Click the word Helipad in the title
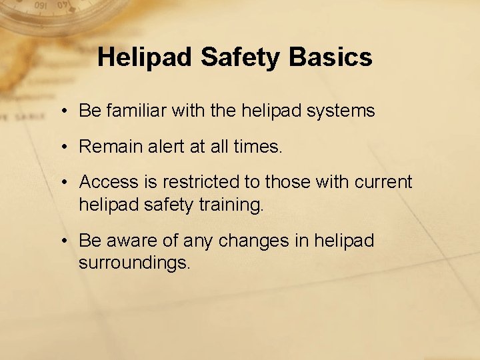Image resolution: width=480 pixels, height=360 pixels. [139, 57]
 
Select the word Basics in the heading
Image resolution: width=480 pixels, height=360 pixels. [331, 57]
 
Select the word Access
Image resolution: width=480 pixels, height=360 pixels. [111, 181]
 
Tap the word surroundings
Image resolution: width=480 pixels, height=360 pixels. [135, 263]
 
